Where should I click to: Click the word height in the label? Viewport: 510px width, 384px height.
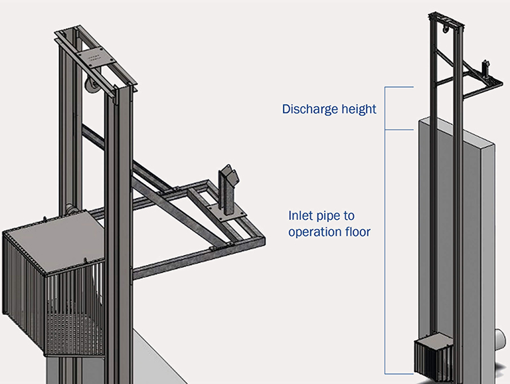click(359, 109)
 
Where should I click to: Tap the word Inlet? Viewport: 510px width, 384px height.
click(300, 216)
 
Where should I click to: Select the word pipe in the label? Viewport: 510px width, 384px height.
click(330, 216)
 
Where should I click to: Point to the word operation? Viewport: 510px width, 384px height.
click(313, 232)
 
